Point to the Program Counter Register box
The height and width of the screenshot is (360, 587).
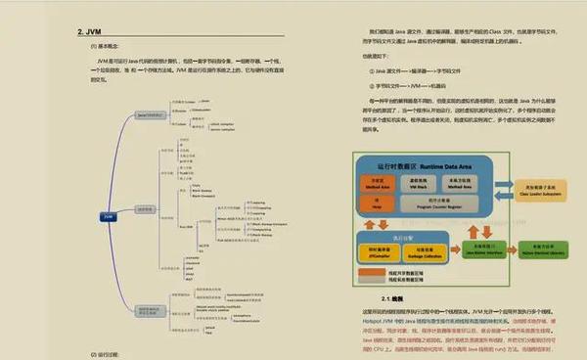pyautogui.click(x=433, y=205)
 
